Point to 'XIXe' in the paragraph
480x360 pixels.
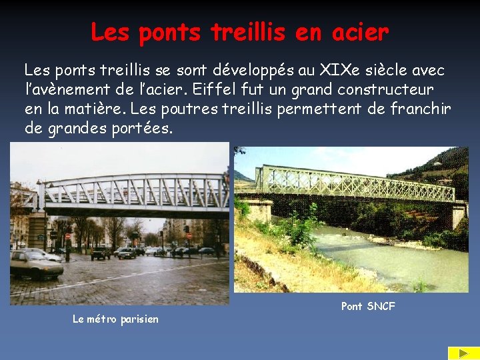coord(343,69)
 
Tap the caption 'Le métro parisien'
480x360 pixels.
coord(115,319)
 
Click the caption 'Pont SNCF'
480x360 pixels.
coord(368,306)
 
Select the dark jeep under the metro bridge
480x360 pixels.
coord(101,253)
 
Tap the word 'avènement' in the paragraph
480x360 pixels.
coord(86,89)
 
